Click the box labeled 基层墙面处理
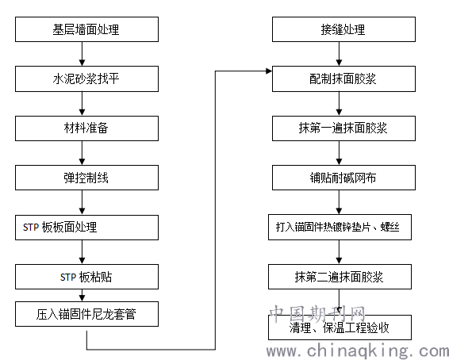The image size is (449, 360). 86,29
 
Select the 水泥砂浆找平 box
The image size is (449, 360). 86,79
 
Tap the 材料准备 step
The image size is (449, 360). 86,128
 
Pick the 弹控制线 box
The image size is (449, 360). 86,178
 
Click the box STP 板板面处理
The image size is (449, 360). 86,228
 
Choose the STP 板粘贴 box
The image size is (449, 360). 86,277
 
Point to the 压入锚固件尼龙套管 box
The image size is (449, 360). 86,314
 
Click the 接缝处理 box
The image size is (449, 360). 343,29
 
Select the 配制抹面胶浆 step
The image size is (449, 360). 343,79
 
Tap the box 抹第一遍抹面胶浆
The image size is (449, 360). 343,128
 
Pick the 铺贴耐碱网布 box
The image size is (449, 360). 343,178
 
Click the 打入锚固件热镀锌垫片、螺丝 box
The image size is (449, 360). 340,228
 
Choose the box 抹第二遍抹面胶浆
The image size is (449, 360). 340,277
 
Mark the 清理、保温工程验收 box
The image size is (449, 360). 340,327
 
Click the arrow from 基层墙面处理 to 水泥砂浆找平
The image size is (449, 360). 83,54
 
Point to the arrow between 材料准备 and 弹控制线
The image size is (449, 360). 83,153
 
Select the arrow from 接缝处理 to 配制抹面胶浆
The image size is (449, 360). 339,54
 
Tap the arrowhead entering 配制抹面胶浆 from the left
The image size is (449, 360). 269,71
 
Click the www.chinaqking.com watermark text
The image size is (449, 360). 357,351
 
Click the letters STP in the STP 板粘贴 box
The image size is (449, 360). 68,278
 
